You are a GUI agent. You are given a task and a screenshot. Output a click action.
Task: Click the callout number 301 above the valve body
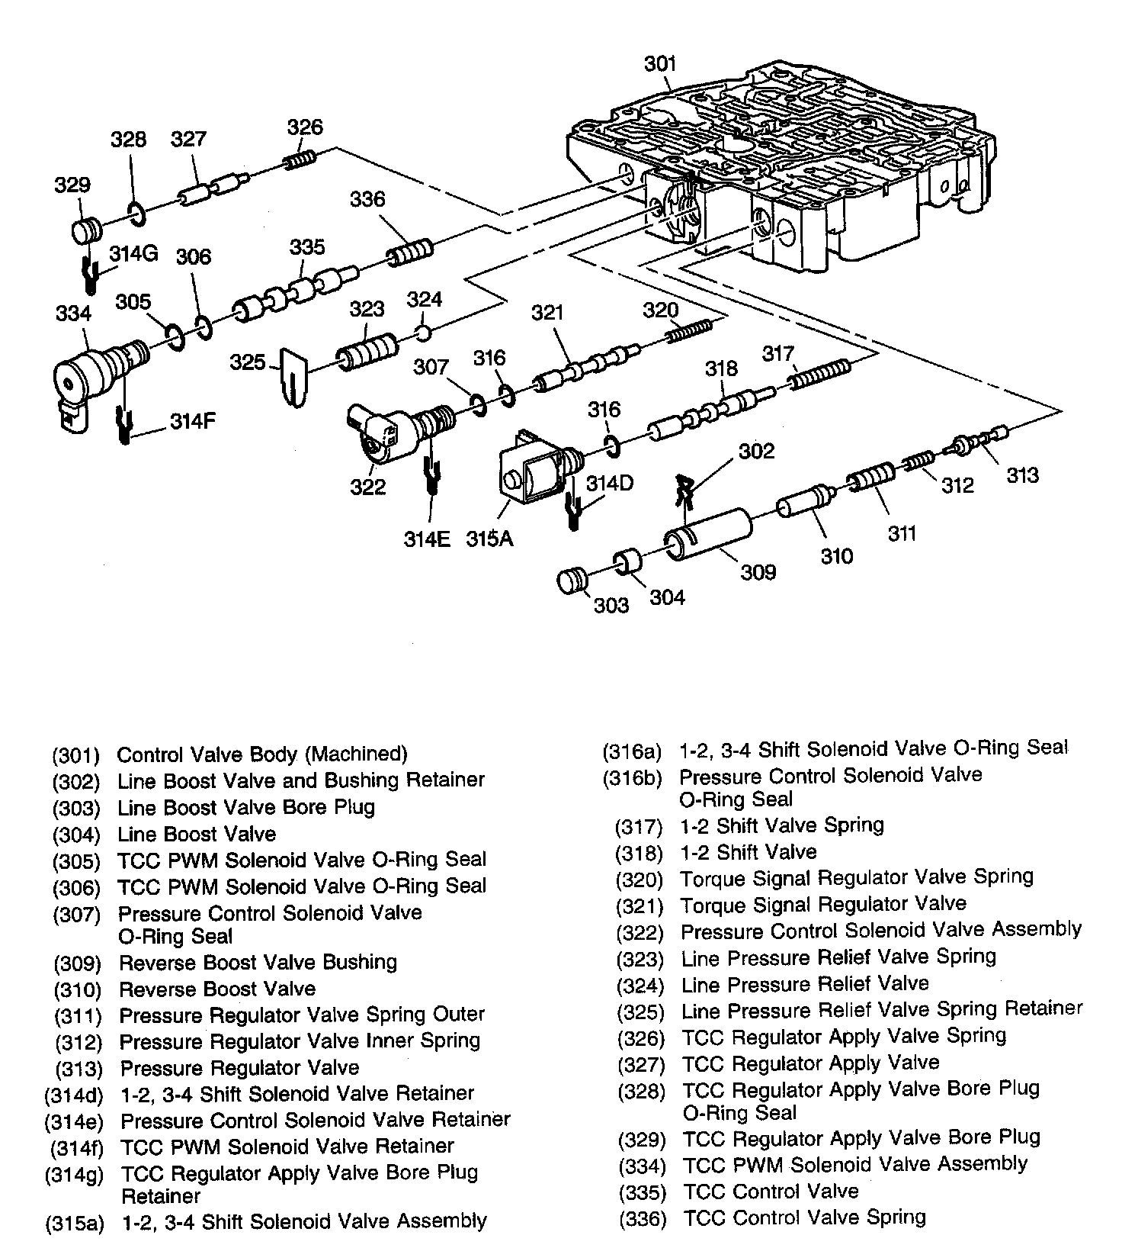tap(660, 63)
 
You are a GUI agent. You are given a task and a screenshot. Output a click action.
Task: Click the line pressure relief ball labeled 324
tap(424, 333)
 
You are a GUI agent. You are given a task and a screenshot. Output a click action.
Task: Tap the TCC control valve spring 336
tap(411, 252)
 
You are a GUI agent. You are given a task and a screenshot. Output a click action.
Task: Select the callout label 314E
tap(427, 539)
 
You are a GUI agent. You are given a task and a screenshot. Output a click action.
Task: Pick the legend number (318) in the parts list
tap(640, 853)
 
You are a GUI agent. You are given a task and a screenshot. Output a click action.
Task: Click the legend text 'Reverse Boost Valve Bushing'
tap(258, 963)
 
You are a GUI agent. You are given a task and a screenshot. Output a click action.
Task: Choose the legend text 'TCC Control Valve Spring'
tap(804, 1217)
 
